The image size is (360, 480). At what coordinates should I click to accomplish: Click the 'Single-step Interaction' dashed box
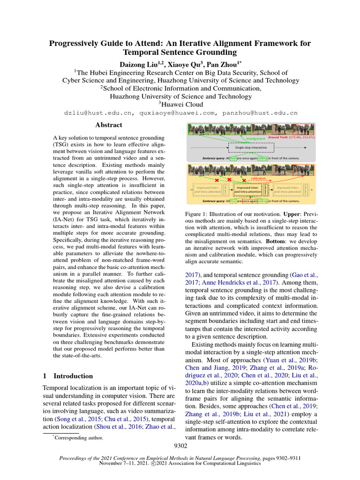tap(251, 147)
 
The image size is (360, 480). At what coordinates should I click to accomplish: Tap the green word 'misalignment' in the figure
tap(255, 138)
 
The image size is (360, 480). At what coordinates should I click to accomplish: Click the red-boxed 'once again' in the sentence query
tap(249, 201)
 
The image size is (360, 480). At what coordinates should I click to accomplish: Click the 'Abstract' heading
tap(108, 125)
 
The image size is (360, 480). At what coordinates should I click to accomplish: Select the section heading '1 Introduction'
tap(68, 376)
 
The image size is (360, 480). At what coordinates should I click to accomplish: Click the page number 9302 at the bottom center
tap(180, 446)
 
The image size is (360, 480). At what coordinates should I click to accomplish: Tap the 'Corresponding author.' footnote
tap(78, 437)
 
